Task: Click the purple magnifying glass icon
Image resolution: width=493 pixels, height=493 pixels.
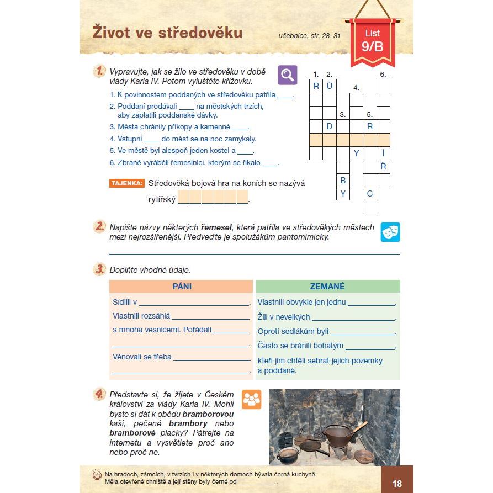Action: (x=287, y=75)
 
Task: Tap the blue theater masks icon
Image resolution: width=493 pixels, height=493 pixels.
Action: (x=390, y=232)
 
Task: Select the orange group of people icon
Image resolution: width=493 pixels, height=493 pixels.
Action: (x=251, y=399)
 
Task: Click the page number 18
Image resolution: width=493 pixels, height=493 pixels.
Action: (x=397, y=484)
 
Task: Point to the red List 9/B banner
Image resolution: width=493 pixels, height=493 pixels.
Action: (x=372, y=41)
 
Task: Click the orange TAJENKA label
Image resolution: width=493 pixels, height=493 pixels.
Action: (x=127, y=183)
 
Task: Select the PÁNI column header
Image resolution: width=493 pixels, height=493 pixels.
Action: (x=182, y=287)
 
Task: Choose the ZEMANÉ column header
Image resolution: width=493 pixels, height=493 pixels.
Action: (x=327, y=287)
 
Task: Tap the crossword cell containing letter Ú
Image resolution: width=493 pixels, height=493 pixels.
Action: (x=330, y=86)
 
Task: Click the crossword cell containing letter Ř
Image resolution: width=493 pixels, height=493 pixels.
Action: (x=383, y=167)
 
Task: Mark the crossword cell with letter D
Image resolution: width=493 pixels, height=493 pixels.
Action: (x=330, y=126)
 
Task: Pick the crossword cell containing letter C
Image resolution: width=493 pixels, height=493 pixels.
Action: (x=370, y=194)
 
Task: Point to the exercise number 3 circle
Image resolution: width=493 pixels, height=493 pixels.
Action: (x=99, y=269)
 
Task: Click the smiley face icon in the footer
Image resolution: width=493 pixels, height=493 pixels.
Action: (x=96, y=475)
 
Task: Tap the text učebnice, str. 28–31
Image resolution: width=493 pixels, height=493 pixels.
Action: (x=309, y=37)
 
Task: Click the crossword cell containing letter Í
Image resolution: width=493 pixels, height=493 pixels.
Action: (x=383, y=153)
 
